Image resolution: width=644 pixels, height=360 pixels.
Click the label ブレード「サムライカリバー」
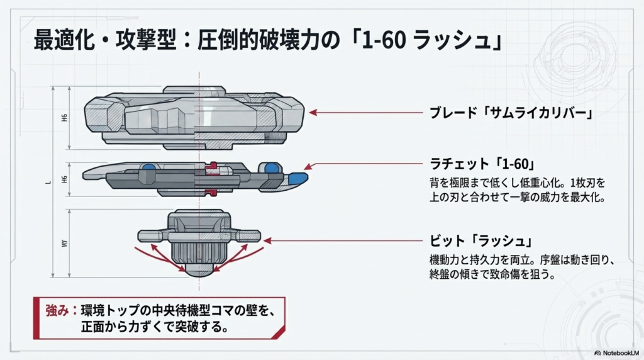(x=511, y=113)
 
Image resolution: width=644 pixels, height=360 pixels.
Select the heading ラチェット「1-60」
(x=482, y=165)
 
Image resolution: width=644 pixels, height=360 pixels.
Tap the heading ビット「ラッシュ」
(x=481, y=242)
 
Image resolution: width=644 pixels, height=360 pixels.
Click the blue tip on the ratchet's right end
(x=298, y=178)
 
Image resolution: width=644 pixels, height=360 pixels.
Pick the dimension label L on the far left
(x=48, y=183)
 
